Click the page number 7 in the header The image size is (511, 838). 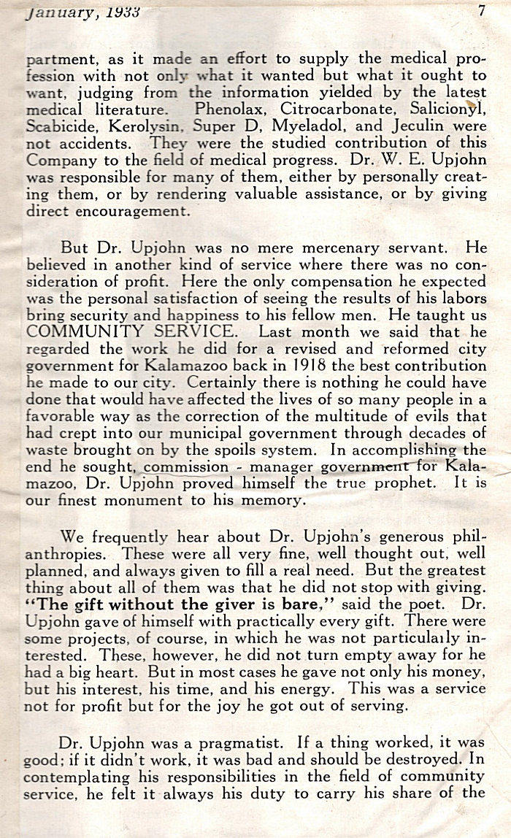pyautogui.click(x=483, y=11)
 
